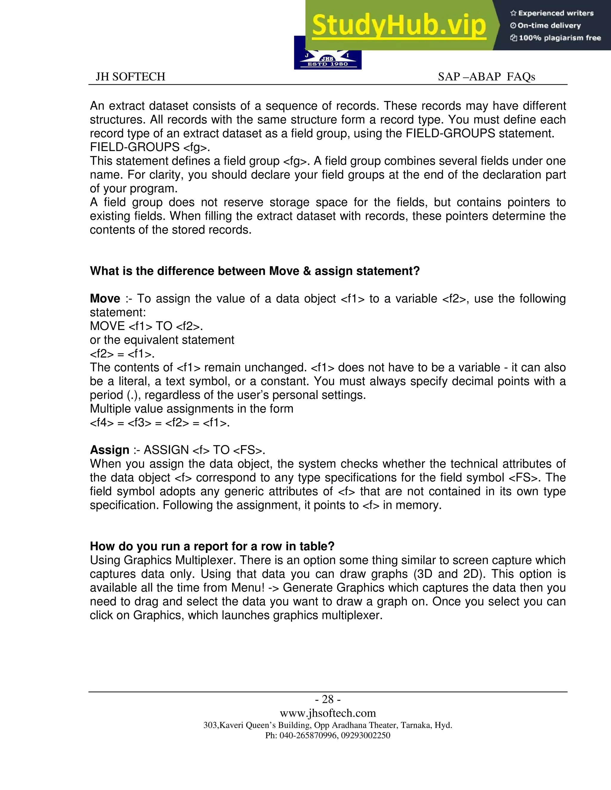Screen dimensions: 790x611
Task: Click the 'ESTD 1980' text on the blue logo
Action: pos(328,64)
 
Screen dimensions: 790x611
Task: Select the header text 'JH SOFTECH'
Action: pos(130,77)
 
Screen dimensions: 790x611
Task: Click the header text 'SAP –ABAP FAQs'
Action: pos(486,77)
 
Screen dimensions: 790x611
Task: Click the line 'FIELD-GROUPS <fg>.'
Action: pos(150,147)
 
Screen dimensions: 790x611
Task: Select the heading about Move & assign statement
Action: pos(254,271)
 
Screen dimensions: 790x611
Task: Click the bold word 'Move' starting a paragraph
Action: pos(105,299)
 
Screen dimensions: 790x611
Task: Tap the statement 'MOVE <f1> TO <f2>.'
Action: pos(146,326)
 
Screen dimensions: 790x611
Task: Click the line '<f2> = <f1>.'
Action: pos(122,354)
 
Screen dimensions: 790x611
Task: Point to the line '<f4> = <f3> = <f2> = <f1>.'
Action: pos(160,422)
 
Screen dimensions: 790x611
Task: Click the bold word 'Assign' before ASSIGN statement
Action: pos(109,450)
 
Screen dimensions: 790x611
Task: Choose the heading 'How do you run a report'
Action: pos(212,546)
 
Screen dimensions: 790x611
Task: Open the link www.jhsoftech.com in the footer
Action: pos(328,713)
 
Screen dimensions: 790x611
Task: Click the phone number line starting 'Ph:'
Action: pos(328,735)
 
